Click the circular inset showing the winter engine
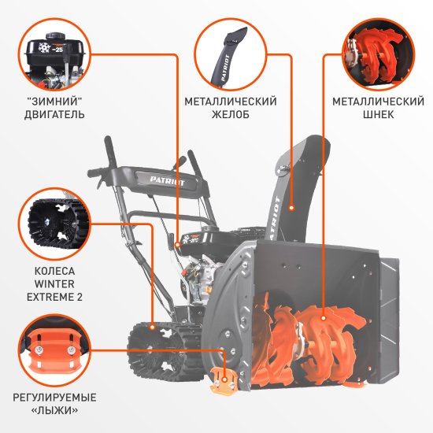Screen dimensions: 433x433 tap(54, 54)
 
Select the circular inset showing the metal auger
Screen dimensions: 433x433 tap(377, 54)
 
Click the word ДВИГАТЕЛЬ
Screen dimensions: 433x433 tap(54, 115)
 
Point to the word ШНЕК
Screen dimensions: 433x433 tap(378, 115)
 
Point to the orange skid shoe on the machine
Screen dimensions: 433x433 tap(224, 382)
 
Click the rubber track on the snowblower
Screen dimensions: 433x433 tap(157, 354)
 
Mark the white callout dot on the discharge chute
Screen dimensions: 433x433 tap(291, 208)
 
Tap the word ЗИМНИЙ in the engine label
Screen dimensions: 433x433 tap(54, 102)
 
